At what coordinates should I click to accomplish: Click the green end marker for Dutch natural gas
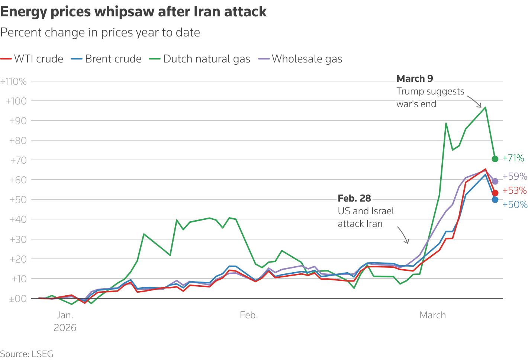point(495,159)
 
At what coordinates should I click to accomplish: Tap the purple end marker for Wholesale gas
point(495,181)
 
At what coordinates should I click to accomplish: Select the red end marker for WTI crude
point(495,193)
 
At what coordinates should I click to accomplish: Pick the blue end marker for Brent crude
point(495,200)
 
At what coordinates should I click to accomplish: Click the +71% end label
point(513,158)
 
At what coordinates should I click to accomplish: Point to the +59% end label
point(515,176)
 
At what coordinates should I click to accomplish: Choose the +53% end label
point(515,190)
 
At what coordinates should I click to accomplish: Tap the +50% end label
point(515,205)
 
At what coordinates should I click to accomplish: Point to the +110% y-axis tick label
point(14,81)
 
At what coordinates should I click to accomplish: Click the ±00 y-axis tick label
point(18,299)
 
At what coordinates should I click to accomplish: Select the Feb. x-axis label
point(249,315)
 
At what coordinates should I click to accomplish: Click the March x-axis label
point(432,315)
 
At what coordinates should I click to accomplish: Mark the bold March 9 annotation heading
point(415,78)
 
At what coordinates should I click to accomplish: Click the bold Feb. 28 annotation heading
point(354,198)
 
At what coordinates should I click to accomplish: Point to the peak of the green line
point(485,107)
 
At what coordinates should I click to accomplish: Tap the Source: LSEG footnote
point(27,354)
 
